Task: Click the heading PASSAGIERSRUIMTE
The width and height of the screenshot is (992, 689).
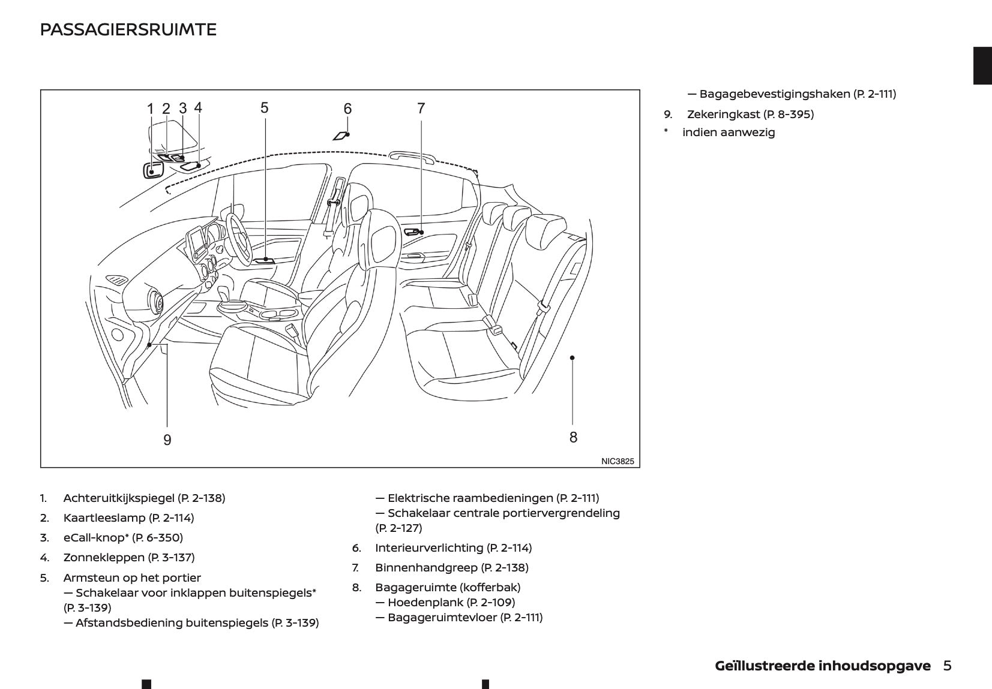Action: click(x=128, y=29)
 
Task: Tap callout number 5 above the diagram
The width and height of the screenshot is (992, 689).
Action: click(x=265, y=108)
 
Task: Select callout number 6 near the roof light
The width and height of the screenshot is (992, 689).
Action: click(x=347, y=109)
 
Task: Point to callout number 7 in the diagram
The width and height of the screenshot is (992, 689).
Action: click(x=421, y=109)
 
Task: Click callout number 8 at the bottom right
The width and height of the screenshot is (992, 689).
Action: click(x=573, y=437)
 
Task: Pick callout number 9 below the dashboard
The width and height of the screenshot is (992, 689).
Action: click(x=167, y=440)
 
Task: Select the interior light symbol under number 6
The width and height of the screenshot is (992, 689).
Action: click(x=341, y=136)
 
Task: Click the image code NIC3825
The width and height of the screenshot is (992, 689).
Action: click(x=617, y=461)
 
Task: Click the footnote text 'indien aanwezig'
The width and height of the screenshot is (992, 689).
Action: click(x=729, y=133)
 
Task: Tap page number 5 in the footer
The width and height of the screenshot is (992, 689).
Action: click(x=947, y=666)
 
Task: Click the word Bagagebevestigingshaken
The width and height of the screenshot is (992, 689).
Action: click(x=774, y=94)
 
